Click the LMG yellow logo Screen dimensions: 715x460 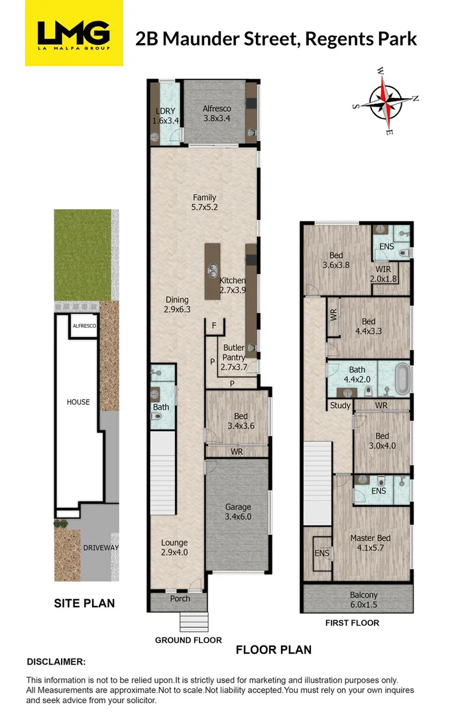74,34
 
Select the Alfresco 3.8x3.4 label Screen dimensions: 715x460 216,113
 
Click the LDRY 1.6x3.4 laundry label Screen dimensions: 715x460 166,116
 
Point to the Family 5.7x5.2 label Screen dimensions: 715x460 204,202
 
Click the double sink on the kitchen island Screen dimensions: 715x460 213,270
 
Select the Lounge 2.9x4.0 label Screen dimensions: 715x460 174,547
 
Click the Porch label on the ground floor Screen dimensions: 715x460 180,599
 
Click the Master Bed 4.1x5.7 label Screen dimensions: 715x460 371,543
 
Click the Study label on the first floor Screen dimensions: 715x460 339,406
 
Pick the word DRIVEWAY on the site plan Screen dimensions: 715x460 101,548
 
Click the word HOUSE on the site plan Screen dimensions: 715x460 78,402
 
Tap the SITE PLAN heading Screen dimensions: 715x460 84,603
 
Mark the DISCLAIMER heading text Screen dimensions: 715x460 56,661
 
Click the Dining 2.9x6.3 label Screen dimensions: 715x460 177,304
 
